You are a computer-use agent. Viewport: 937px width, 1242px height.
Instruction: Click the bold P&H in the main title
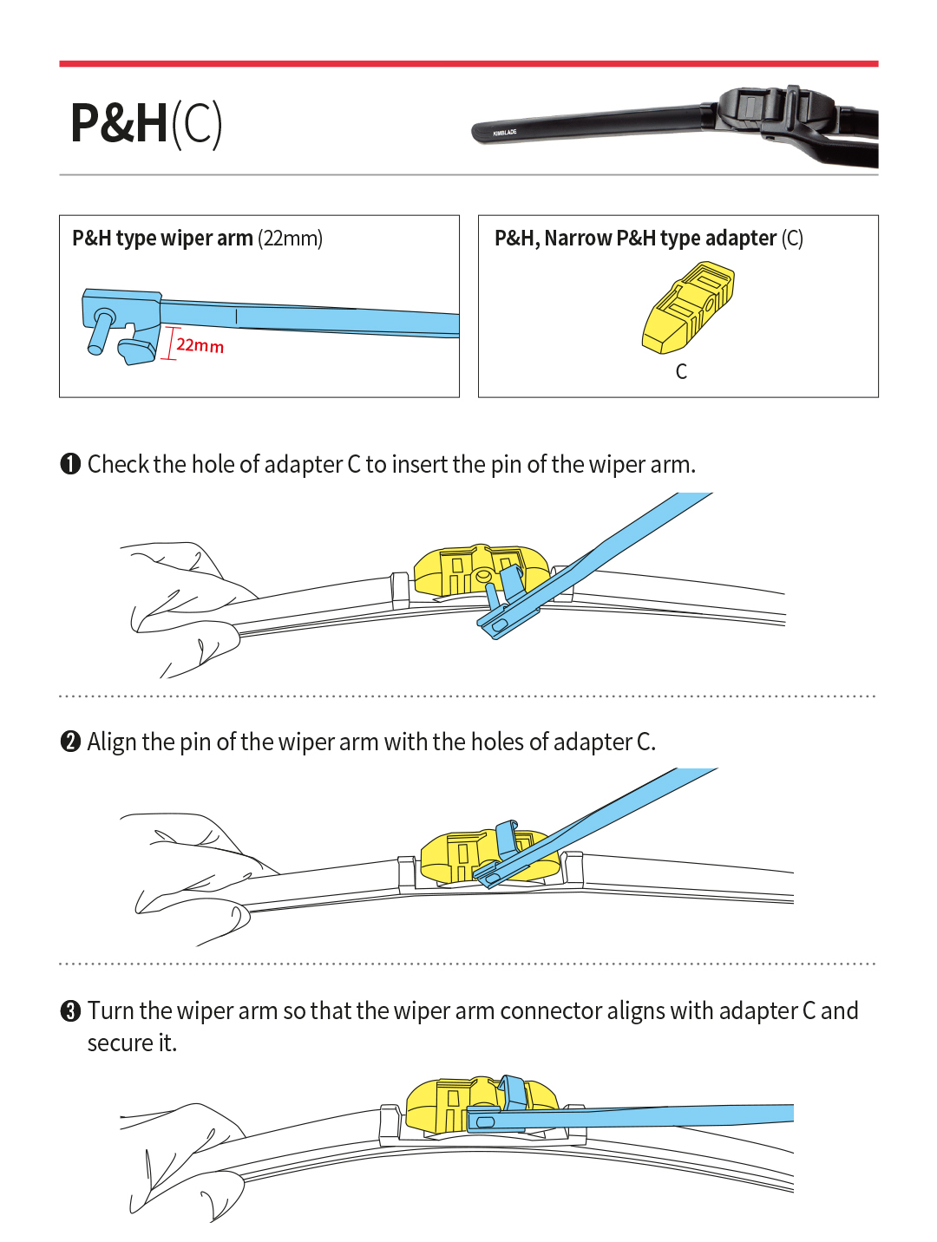(119, 123)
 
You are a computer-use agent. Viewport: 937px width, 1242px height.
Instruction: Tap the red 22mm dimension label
(200, 345)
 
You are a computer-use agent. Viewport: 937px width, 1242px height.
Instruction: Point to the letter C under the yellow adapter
(681, 372)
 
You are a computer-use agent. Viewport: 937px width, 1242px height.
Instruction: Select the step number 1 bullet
(70, 464)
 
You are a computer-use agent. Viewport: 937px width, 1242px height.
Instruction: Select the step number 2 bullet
(70, 742)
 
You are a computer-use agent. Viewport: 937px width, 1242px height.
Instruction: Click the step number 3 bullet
(70, 1011)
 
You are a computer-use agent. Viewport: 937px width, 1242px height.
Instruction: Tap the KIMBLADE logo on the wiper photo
(504, 133)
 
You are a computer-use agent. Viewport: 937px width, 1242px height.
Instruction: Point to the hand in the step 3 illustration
(187, 1154)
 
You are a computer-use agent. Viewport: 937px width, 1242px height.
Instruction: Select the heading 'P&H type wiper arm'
(162, 239)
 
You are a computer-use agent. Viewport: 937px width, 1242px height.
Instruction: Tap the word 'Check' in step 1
(119, 464)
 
